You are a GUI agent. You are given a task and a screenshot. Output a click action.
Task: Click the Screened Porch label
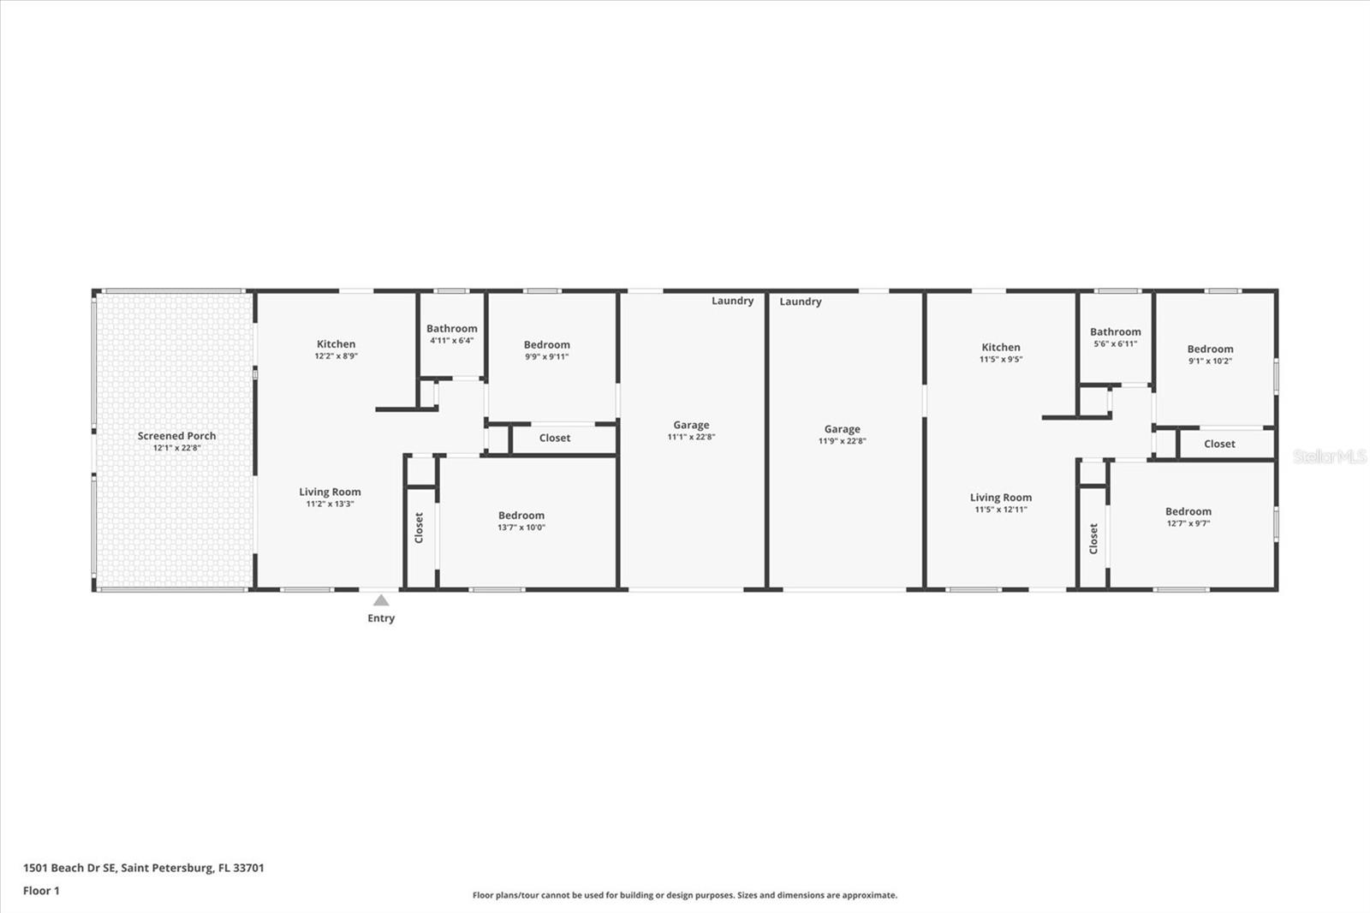point(176,436)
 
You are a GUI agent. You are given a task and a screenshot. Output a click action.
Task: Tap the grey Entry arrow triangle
point(381,600)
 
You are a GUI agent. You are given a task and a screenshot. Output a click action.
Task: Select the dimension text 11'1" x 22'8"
point(691,437)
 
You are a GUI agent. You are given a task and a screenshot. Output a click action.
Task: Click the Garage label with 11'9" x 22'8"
point(842,429)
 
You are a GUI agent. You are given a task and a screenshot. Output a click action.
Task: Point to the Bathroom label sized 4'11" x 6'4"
point(451,328)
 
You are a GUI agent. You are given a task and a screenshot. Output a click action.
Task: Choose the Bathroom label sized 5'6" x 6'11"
point(1115,331)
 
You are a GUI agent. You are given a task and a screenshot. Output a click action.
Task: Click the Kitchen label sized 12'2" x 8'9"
point(336,344)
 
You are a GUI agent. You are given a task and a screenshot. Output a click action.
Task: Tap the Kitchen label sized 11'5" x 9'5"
point(1000,347)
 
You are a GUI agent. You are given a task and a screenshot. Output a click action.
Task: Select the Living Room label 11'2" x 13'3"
point(330,492)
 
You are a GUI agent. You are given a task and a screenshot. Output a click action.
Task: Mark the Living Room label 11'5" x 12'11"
point(1000,497)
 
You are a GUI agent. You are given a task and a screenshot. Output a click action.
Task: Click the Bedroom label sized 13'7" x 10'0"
point(521,516)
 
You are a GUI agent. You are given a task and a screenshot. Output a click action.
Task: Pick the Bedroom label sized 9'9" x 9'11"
point(546,344)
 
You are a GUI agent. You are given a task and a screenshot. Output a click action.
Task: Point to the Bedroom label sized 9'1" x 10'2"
point(1210,349)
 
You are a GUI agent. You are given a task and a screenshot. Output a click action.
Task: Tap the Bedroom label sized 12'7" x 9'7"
point(1188,511)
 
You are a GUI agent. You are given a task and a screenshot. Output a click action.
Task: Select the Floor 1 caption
point(41,891)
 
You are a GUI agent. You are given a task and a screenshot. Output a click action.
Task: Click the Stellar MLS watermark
point(1329,456)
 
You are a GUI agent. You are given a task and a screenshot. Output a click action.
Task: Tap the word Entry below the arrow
point(381,618)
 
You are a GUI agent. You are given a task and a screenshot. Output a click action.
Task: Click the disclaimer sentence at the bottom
point(684,895)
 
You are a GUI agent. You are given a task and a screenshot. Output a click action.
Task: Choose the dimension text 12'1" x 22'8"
point(176,448)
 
